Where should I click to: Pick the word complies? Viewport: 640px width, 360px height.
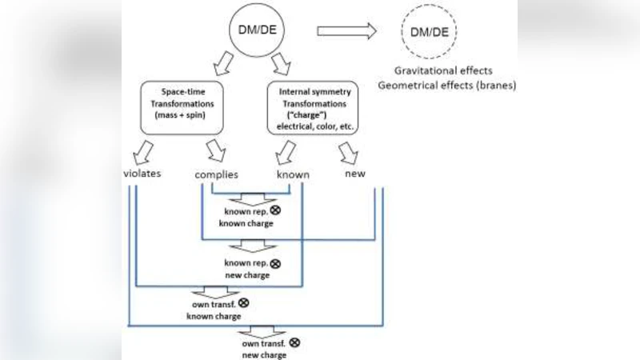click(x=217, y=174)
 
